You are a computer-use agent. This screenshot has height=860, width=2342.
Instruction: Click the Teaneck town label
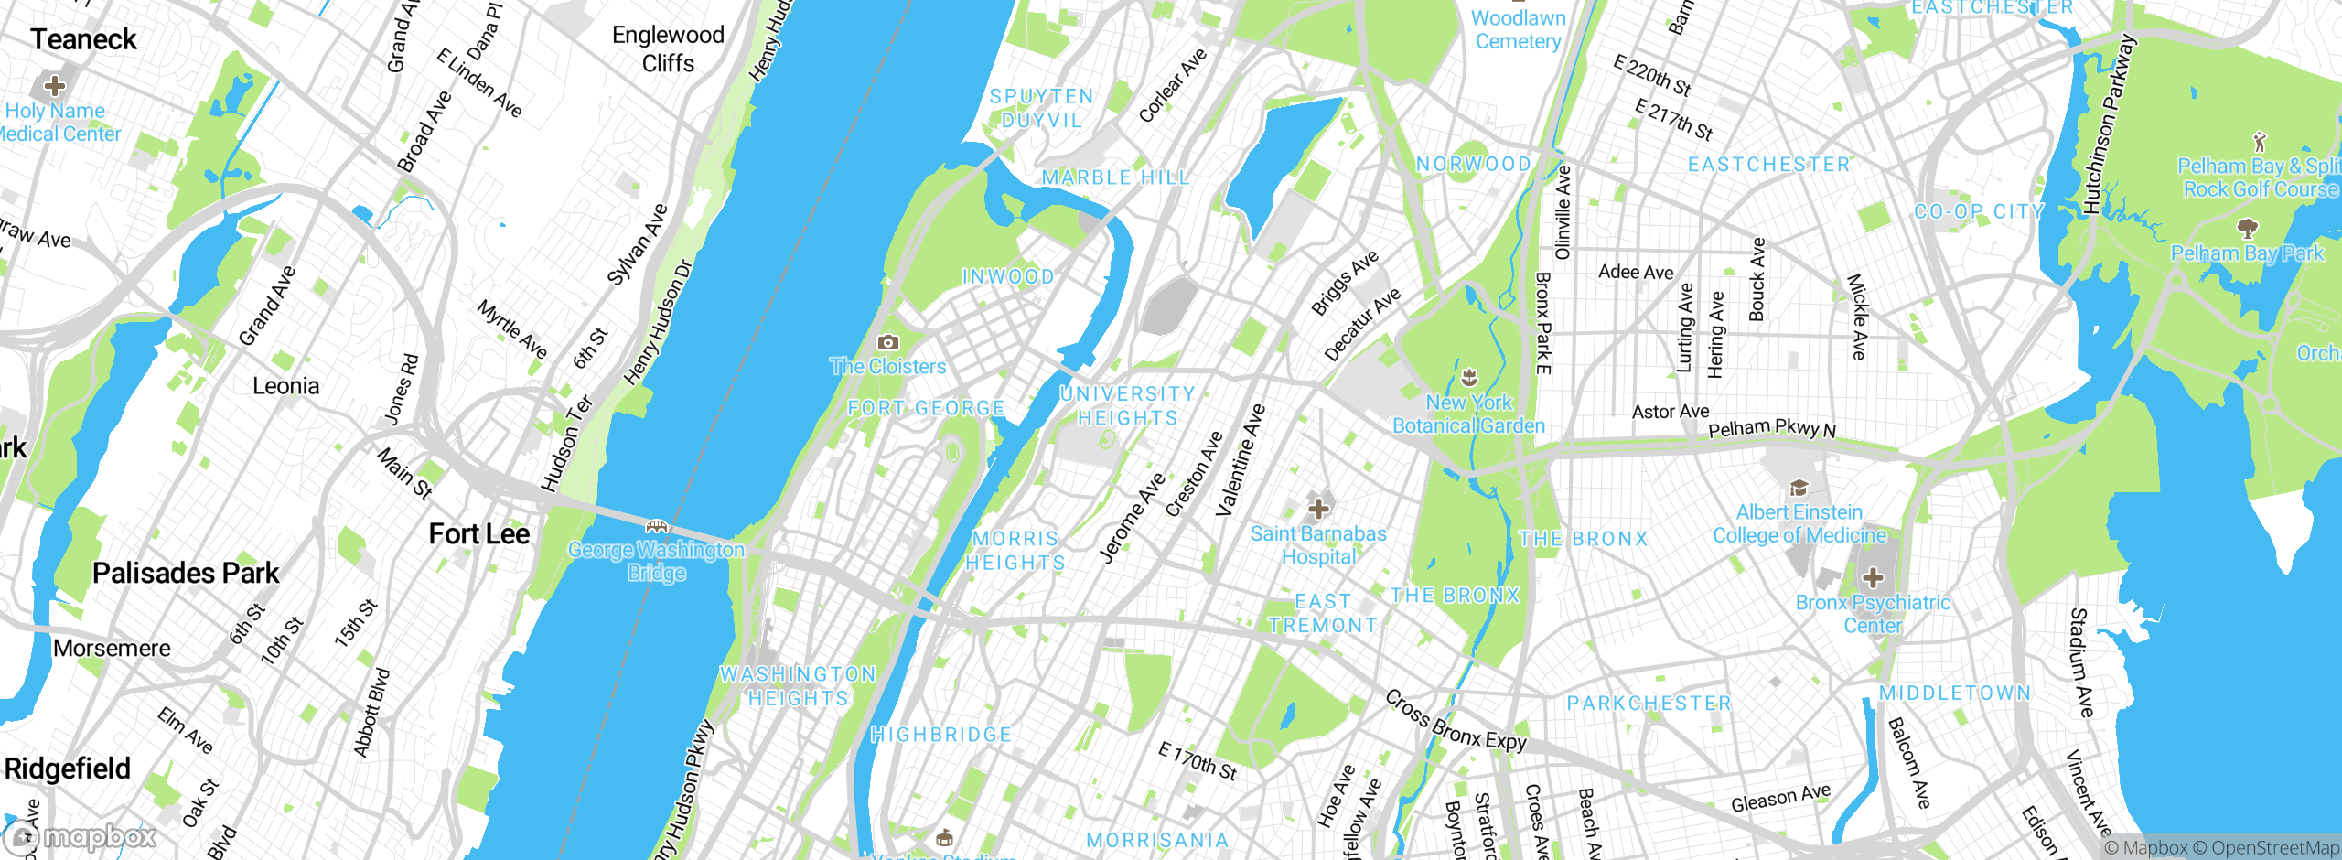click(x=83, y=39)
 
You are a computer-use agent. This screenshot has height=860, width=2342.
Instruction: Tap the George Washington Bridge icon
click(x=657, y=526)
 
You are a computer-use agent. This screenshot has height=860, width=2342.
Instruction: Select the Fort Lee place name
click(x=479, y=534)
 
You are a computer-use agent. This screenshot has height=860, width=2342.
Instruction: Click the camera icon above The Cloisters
click(x=887, y=342)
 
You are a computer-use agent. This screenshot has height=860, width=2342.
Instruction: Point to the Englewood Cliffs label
click(x=668, y=48)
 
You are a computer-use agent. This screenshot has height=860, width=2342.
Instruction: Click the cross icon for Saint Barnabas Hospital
click(x=1318, y=508)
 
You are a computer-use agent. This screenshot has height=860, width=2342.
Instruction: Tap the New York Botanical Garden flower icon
click(x=1469, y=377)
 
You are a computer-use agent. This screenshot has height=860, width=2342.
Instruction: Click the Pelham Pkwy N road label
click(x=1771, y=428)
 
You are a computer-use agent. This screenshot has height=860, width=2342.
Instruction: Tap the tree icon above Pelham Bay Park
click(x=2247, y=228)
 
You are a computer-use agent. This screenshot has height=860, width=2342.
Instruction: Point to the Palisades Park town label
click(x=186, y=574)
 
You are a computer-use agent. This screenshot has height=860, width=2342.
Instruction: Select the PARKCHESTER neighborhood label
click(x=1649, y=703)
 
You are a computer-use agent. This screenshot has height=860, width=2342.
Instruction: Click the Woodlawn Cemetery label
click(x=1518, y=29)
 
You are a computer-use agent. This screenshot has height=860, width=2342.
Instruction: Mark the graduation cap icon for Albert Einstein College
click(x=1799, y=488)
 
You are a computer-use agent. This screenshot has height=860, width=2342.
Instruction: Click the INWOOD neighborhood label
click(x=1008, y=276)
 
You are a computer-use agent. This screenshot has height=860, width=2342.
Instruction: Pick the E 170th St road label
click(x=1197, y=761)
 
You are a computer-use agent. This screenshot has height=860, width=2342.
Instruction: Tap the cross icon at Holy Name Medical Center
click(x=55, y=86)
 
